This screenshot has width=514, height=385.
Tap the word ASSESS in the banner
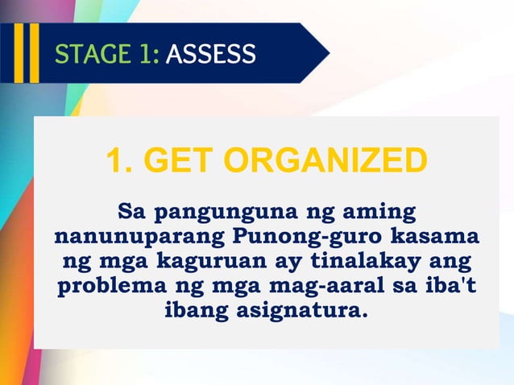[211, 54]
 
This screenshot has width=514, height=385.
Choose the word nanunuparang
[138, 239]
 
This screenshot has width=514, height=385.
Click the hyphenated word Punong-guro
[311, 239]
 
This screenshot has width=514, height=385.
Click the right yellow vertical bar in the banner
[33, 53]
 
